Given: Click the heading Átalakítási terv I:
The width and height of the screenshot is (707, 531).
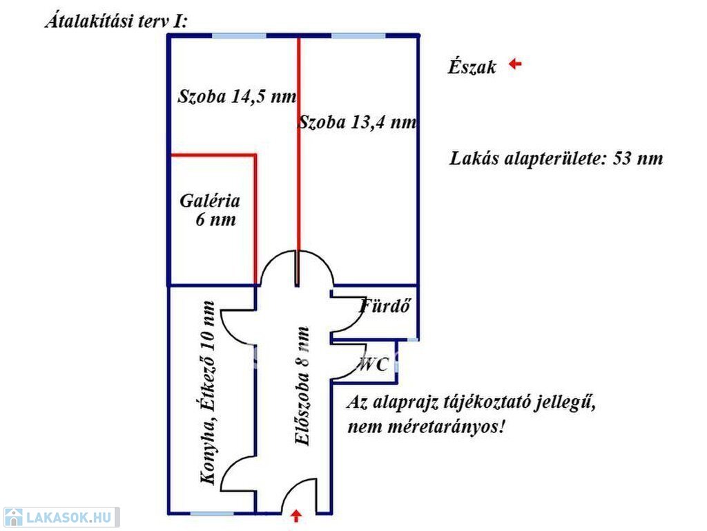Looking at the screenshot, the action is (x=116, y=21).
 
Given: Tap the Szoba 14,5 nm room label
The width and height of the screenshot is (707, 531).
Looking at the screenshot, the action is (x=238, y=97).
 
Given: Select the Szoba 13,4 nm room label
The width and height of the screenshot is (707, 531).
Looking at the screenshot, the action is (x=358, y=122).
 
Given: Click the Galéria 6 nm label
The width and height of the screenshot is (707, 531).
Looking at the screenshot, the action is (x=210, y=210).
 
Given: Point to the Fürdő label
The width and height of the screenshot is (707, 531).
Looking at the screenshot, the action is (x=385, y=306).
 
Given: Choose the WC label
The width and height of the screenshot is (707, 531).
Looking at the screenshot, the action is (x=374, y=364).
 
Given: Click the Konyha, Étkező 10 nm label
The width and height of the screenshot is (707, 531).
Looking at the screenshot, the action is (x=208, y=393).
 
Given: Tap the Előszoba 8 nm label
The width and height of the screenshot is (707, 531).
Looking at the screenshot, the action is (x=302, y=386).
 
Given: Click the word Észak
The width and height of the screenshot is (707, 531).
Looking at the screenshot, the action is (x=472, y=67).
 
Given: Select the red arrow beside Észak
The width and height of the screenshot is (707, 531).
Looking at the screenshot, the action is (x=515, y=64).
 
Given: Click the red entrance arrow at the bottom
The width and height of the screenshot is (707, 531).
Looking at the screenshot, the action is (x=296, y=516).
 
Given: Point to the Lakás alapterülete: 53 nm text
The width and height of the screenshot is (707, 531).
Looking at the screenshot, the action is (x=556, y=158).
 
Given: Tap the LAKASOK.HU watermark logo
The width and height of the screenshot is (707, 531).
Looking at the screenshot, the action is (x=61, y=517).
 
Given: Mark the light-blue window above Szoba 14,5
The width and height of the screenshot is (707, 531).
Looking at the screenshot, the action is (x=239, y=36).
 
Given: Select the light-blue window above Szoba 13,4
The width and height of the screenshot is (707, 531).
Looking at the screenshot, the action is (x=358, y=36).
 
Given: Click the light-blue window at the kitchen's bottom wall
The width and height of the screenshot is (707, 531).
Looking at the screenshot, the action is (x=211, y=514).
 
